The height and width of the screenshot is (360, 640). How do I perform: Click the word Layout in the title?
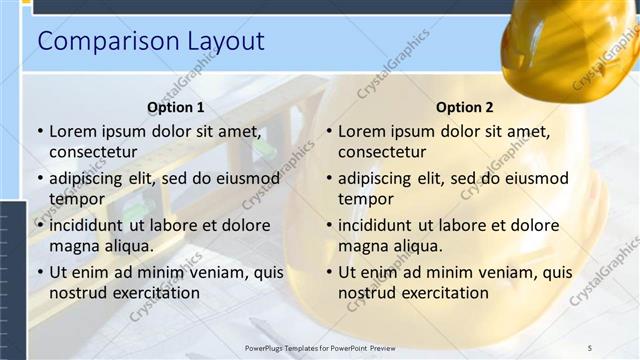tap(226, 41)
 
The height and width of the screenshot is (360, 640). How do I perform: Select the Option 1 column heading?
tap(175, 107)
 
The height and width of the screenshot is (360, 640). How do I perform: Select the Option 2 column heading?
tap(465, 107)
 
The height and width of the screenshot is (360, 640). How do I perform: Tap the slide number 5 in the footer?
tap(589, 347)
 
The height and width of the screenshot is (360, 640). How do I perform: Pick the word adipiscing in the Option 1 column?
tap(89, 178)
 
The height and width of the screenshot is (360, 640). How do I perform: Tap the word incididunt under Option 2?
tap(379, 225)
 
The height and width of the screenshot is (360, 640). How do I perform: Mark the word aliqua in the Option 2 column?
tap(418, 246)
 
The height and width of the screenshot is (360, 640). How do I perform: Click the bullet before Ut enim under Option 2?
tap(330, 272)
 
